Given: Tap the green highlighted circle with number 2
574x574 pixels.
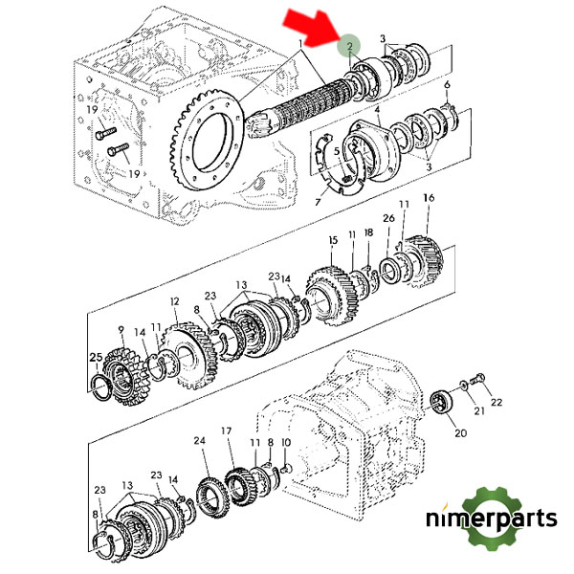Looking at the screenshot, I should pos(351,45).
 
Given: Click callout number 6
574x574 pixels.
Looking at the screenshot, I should pos(446,85).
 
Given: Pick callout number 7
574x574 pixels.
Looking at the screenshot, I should pos(318,202).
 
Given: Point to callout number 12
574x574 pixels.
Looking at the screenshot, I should pos(174,301).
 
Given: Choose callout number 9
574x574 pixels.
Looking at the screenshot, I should pos(121,330).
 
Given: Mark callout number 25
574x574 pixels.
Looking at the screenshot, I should pos(96,358).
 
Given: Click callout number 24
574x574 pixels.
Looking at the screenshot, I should pos(199,441).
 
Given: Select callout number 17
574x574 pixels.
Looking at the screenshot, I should pos(227,431).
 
